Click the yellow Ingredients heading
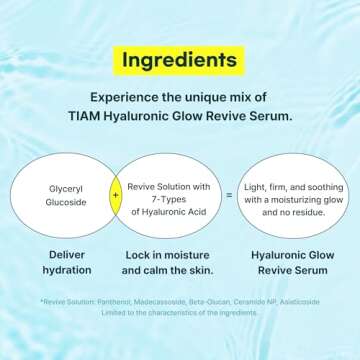[x=179, y=59]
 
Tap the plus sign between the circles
[x=115, y=197]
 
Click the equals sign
[x=229, y=197]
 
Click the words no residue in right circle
[x=300, y=209]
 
